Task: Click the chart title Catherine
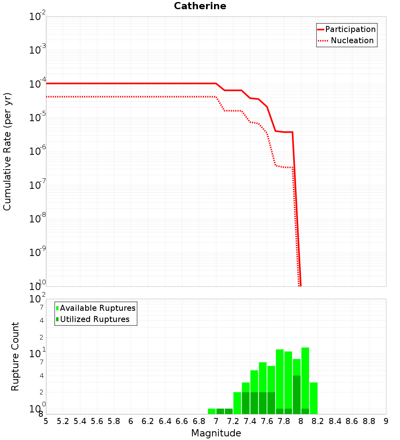pos(200,6)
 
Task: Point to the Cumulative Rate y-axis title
pos(7,151)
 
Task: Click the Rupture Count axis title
pos(15,356)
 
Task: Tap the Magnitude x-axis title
pos(216,433)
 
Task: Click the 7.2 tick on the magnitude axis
pos(233,421)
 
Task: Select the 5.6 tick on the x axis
pos(97,421)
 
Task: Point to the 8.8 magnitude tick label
pos(369,421)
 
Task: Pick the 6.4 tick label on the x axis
pos(165,421)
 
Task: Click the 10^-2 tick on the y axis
pos(38,17)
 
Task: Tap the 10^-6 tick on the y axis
pos(38,151)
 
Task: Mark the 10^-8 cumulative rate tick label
pos(38,219)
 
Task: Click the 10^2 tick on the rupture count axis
pos(38,299)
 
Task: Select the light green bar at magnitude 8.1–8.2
pos(314,398)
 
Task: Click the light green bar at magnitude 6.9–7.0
pos(212,411)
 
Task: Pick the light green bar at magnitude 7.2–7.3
pos(237,403)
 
